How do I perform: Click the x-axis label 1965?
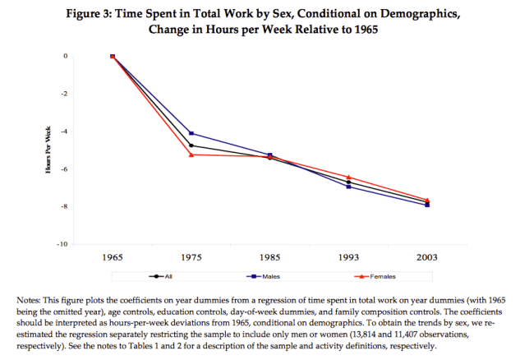(113, 256)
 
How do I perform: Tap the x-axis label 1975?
(191, 256)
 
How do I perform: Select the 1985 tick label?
(270, 256)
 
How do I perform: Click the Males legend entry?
(269, 276)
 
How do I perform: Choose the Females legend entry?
(368, 276)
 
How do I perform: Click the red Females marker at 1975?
(191, 155)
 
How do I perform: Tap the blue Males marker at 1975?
(191, 133)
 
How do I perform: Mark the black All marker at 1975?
(191, 145)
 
